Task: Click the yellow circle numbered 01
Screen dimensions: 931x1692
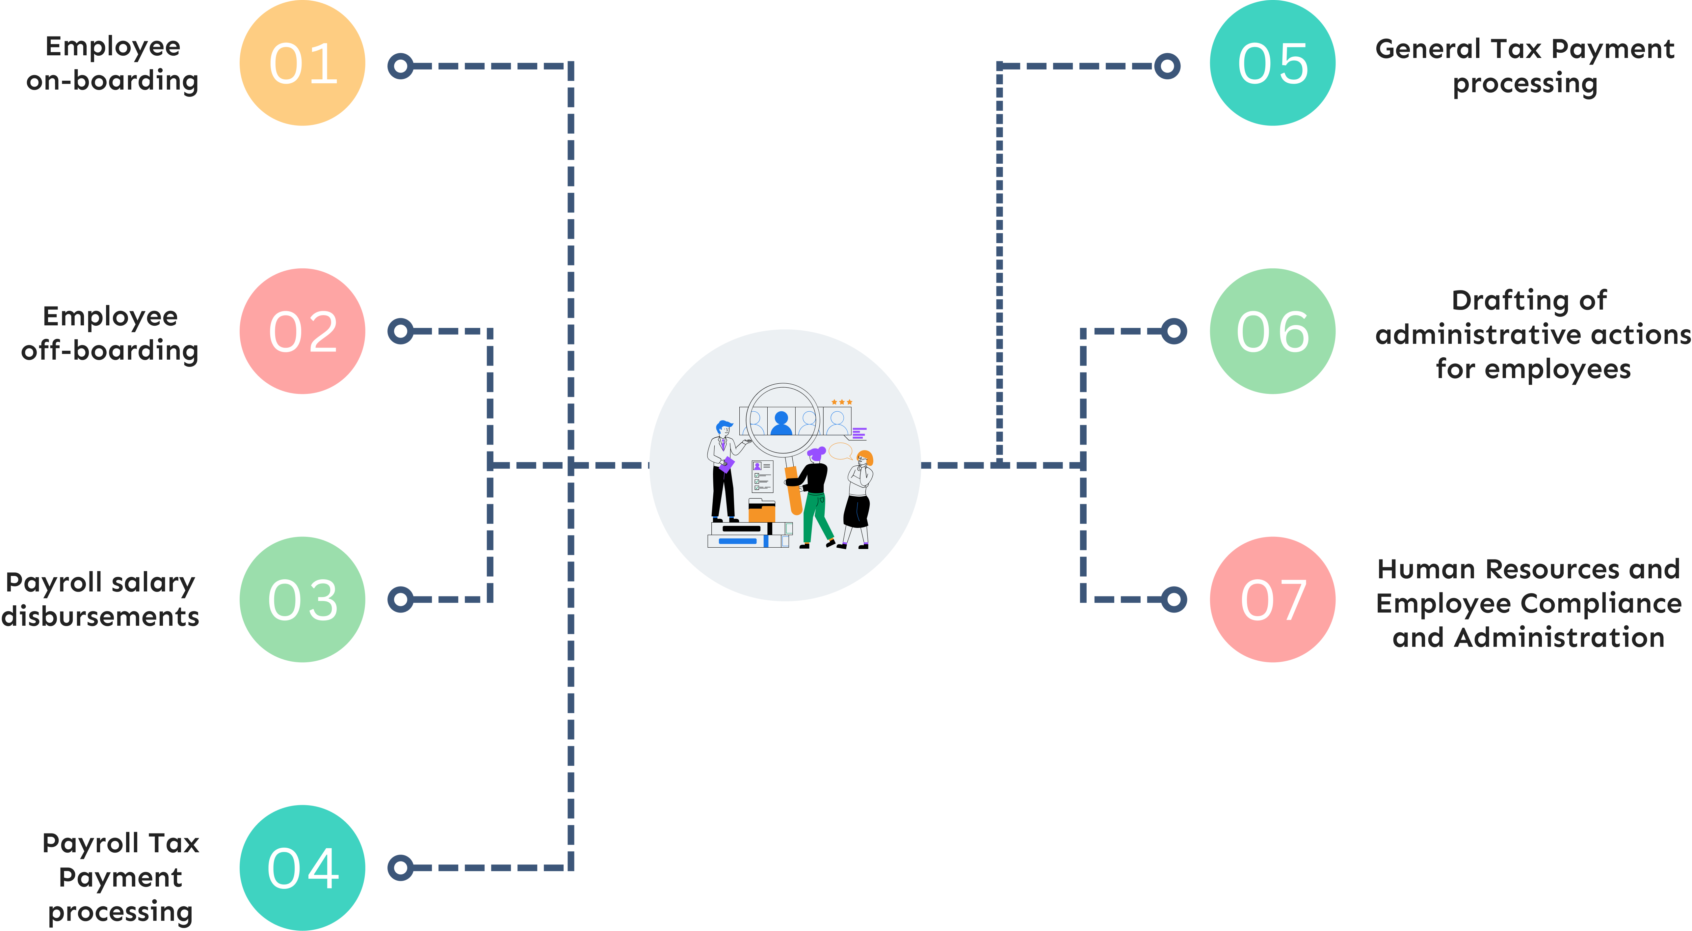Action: [302, 63]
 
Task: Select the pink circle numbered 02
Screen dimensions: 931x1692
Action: [302, 331]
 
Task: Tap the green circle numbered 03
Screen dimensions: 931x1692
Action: [302, 599]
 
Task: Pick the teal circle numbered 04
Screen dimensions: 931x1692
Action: [302, 867]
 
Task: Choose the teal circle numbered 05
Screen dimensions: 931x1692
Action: [1272, 63]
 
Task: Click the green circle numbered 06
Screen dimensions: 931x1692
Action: [1272, 331]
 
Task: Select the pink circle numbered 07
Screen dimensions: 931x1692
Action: [1272, 599]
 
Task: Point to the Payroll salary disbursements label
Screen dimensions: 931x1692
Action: [100, 599]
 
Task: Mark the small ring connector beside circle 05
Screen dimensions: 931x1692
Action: [1167, 66]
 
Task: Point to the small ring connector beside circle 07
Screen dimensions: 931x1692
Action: [1174, 599]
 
